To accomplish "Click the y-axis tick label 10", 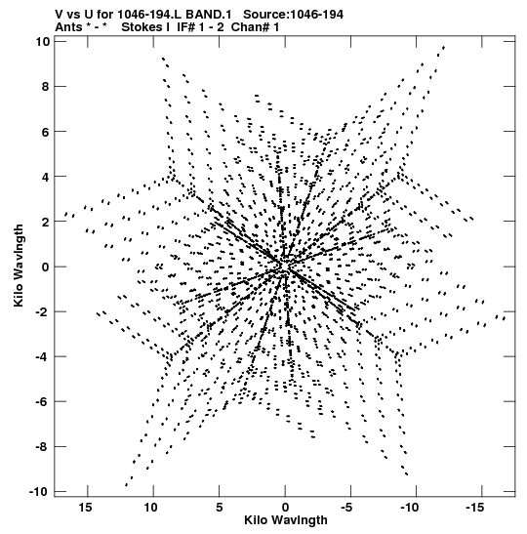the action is pyautogui.click(x=43, y=42).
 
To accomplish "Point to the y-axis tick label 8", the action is pyautogui.click(x=46, y=87).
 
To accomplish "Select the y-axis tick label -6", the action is pyautogui.click(x=43, y=401).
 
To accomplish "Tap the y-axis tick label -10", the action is pyautogui.click(x=39, y=491).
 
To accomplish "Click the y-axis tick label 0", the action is pyautogui.click(x=46, y=267).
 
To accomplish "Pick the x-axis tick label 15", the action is pyautogui.click(x=85, y=508).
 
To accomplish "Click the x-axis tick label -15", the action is pyautogui.click(x=475, y=508).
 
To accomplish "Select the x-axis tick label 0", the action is pyautogui.click(x=285, y=508).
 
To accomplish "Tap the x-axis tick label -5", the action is pyautogui.click(x=346, y=508).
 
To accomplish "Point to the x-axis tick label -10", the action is pyautogui.click(x=409, y=508).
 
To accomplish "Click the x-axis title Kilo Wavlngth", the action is pyautogui.click(x=286, y=520).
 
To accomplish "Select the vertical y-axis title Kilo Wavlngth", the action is pyautogui.click(x=19, y=266).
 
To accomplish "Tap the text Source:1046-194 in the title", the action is pyautogui.click(x=293, y=15).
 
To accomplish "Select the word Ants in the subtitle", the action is pyautogui.click(x=68, y=27).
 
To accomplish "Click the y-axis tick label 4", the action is pyautogui.click(x=46, y=177).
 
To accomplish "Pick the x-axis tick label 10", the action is pyautogui.click(x=151, y=508).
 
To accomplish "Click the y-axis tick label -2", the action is pyautogui.click(x=43, y=311).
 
